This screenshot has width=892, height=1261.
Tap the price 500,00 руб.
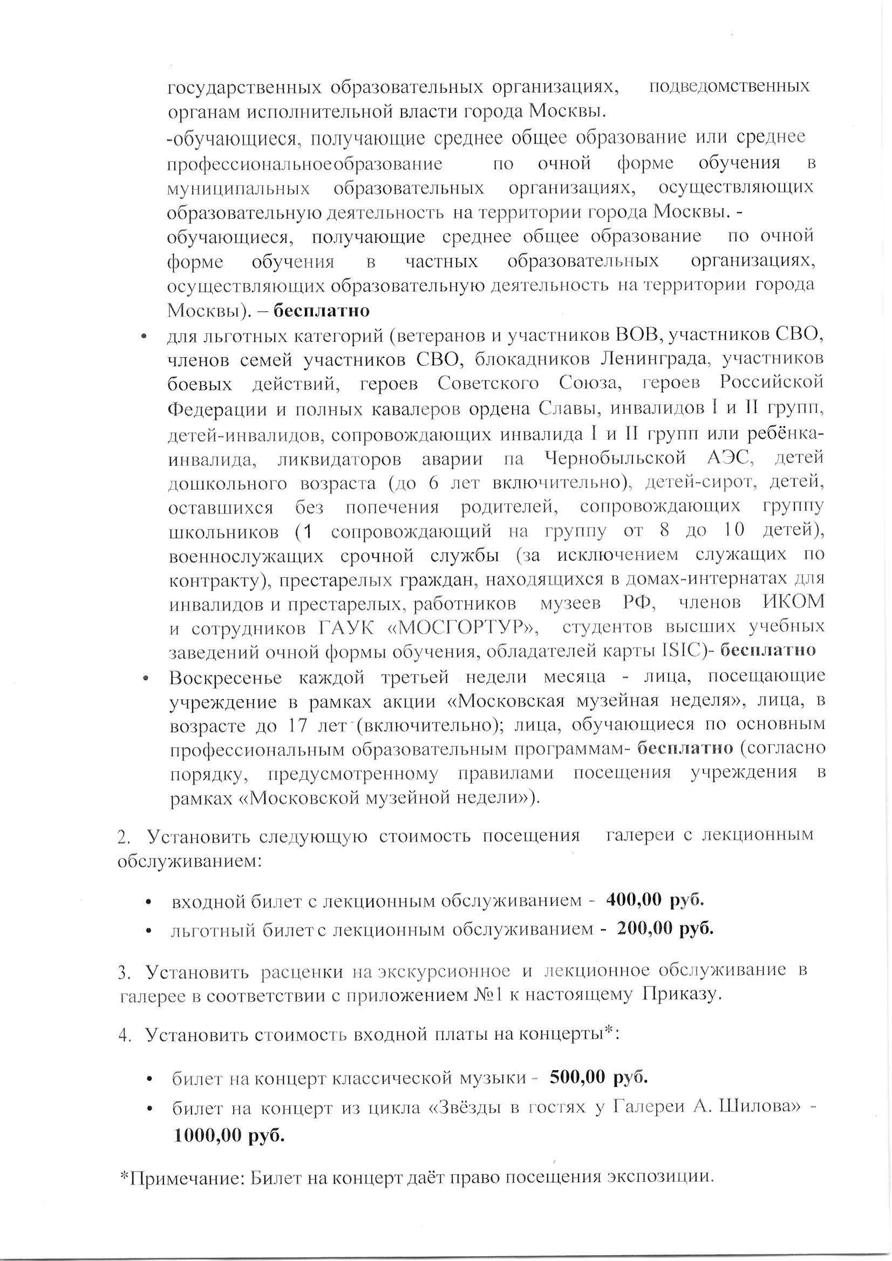(x=598, y=1078)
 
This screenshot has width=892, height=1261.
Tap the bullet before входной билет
(x=149, y=902)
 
